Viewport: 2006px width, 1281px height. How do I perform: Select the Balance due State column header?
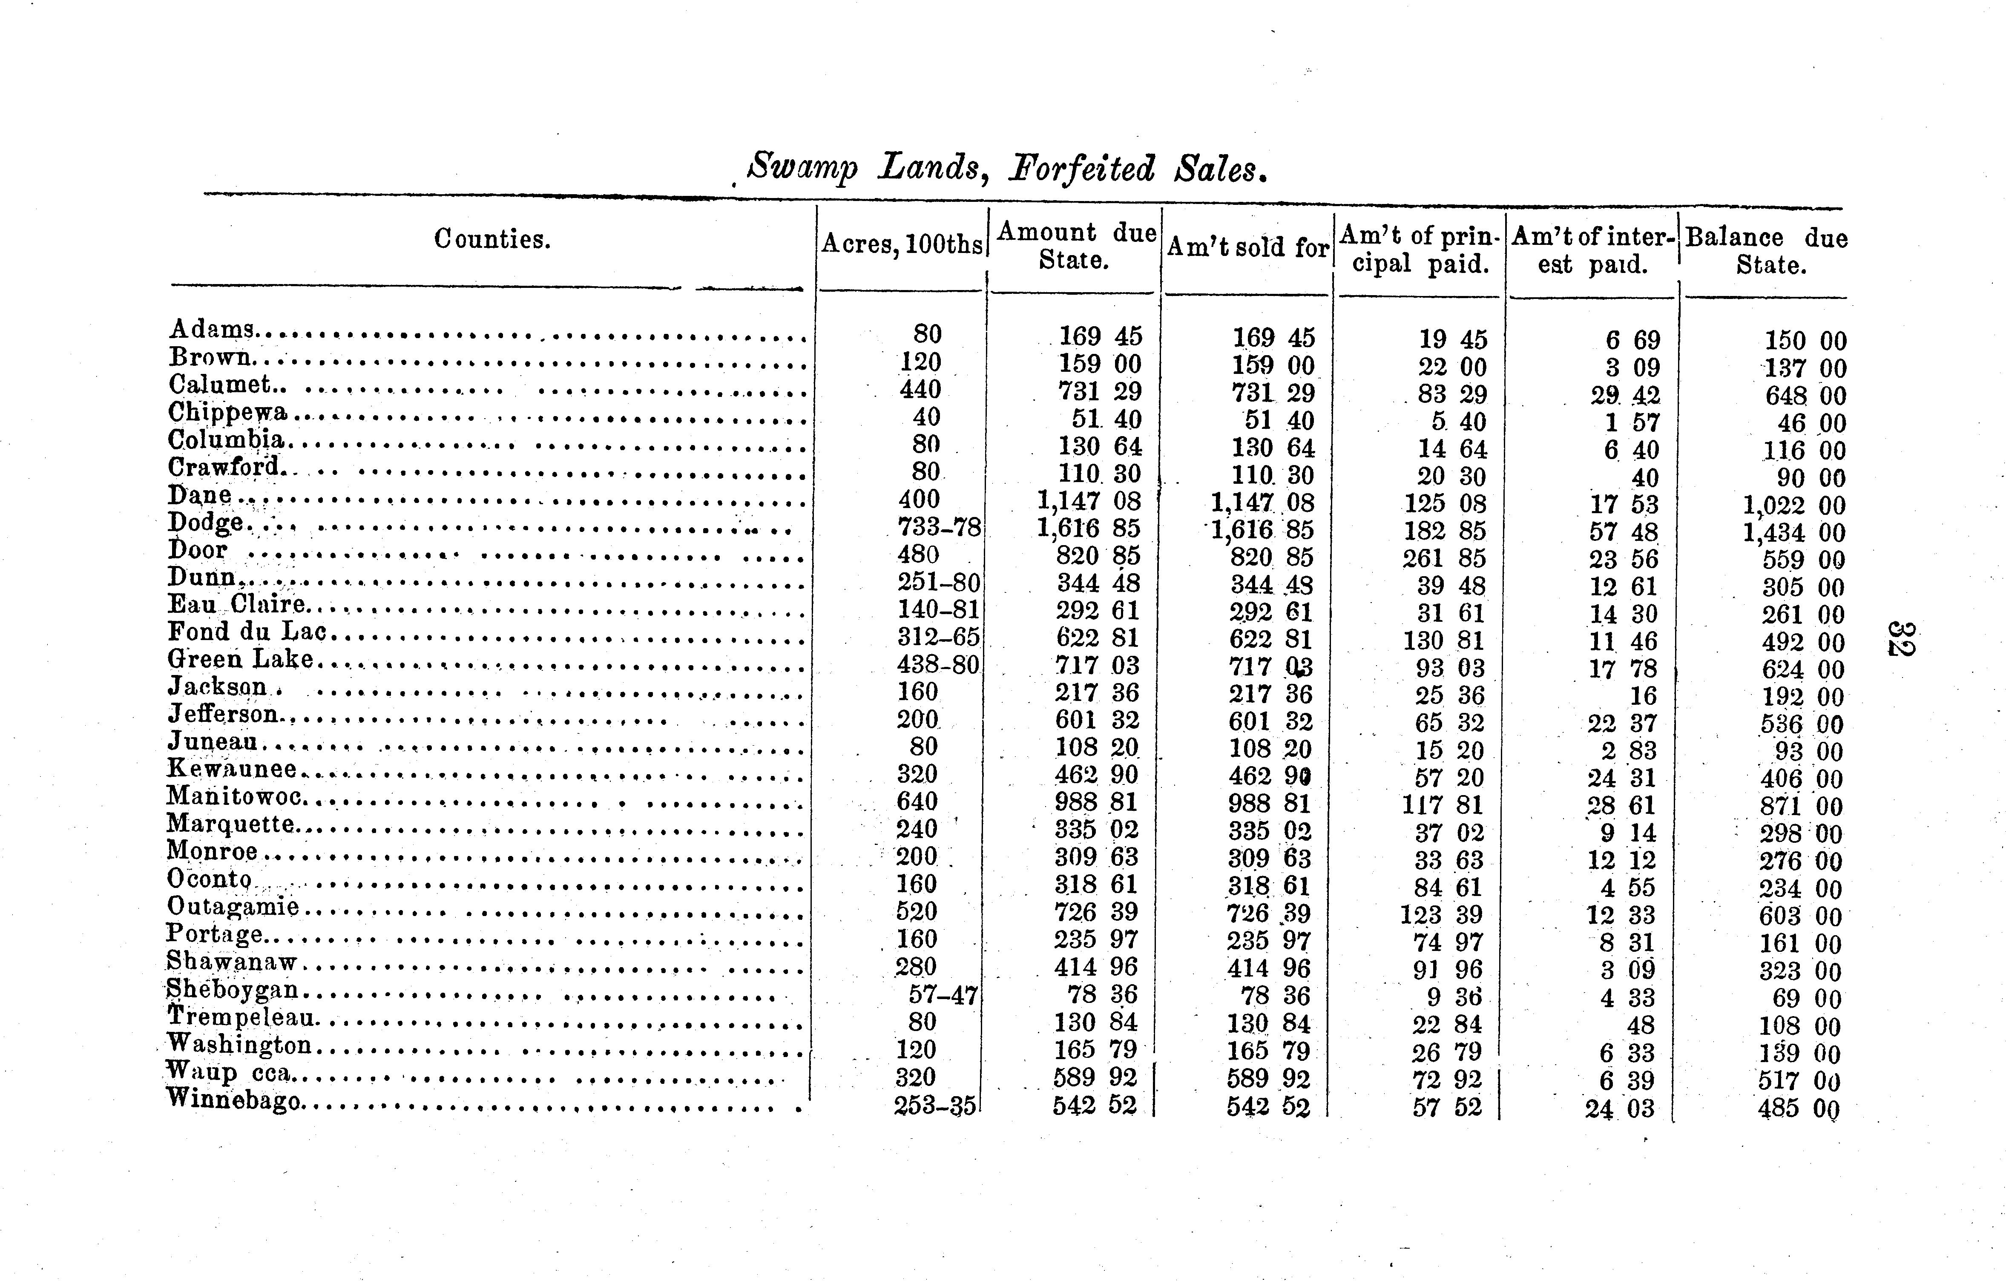point(1766,251)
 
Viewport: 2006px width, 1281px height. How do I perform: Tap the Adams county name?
point(213,330)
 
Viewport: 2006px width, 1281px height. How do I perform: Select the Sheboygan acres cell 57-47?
point(942,994)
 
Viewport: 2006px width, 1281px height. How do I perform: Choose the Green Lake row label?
point(241,660)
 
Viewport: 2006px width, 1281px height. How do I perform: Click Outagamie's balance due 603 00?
point(1799,916)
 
